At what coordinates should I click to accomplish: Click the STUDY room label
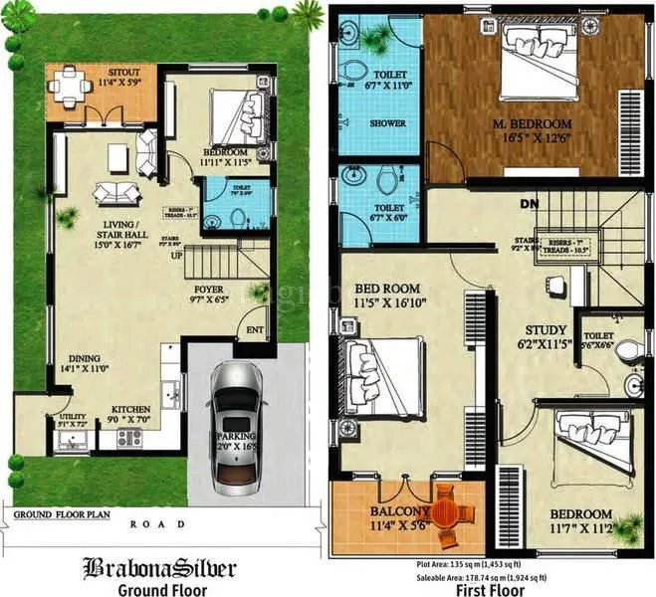[x=547, y=330]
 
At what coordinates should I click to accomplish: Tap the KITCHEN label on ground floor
[x=130, y=409]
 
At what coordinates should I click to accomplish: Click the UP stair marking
[x=178, y=256]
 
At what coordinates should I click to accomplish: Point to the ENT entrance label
[x=255, y=329]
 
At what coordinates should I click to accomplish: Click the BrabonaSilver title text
[x=158, y=569]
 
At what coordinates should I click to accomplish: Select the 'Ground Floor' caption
[x=160, y=589]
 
